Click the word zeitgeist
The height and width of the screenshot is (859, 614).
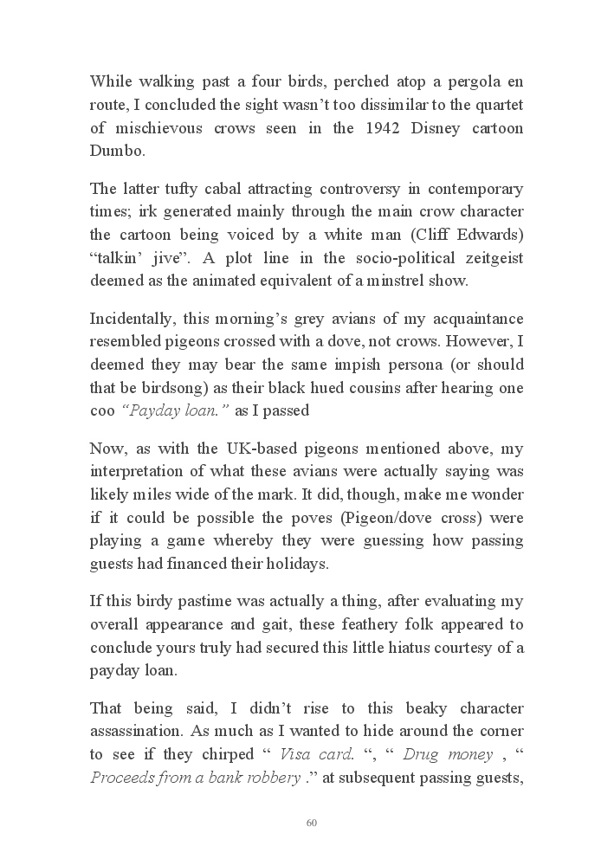coord(491,257)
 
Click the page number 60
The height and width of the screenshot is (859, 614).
coord(312,823)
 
